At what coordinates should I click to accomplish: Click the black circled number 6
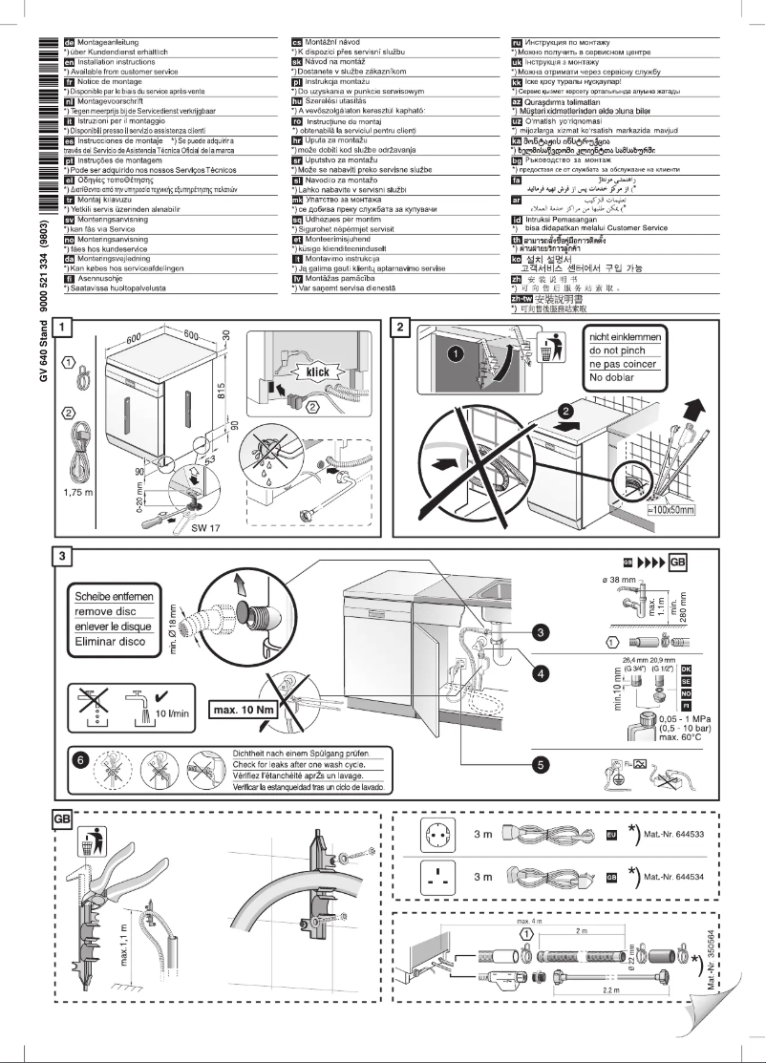point(83,760)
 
